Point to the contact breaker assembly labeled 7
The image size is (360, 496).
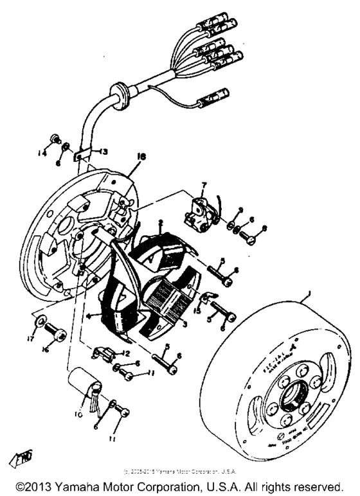[x=197, y=212]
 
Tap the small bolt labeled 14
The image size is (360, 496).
[x=57, y=138]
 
